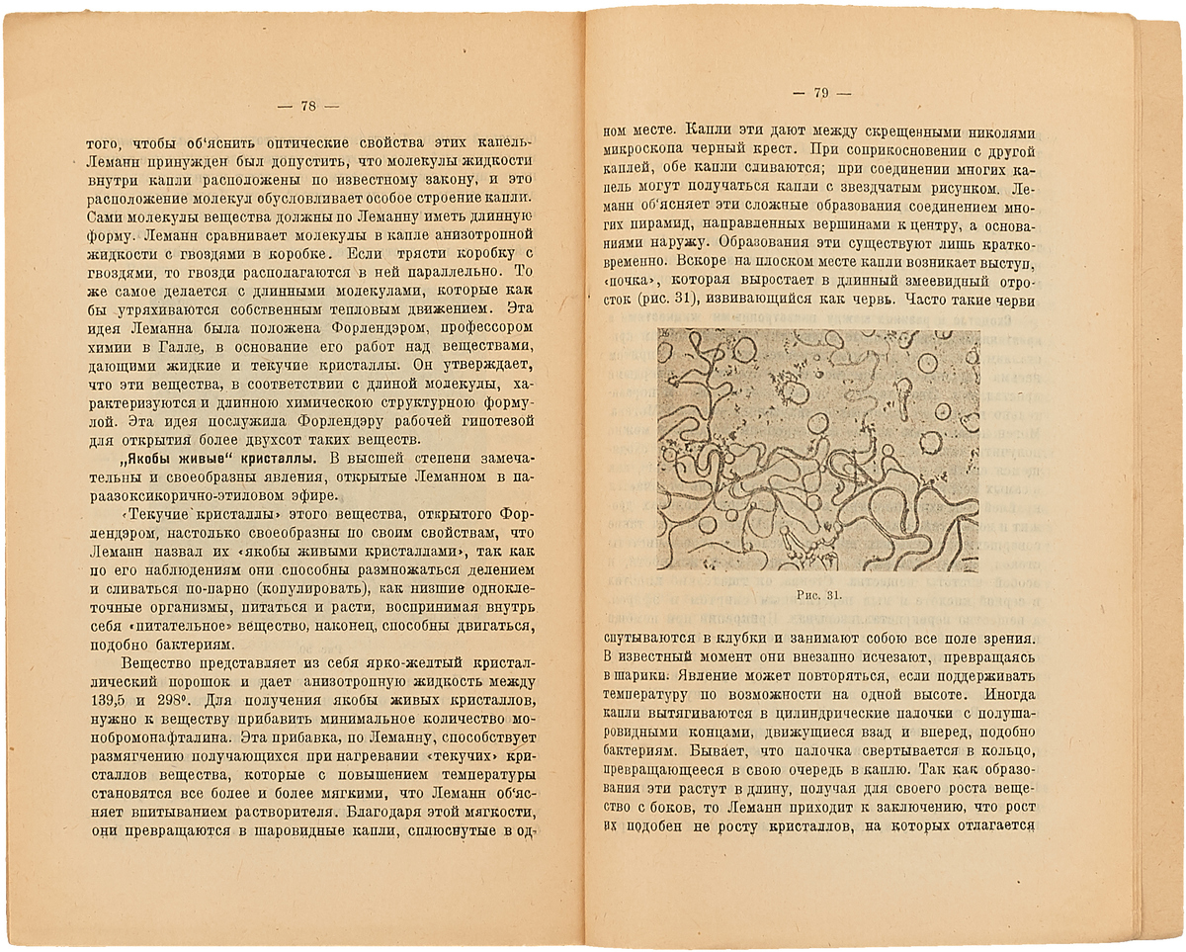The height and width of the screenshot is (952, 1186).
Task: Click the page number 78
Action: [306, 106]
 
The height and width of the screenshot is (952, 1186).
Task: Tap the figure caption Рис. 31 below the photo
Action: [817, 594]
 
